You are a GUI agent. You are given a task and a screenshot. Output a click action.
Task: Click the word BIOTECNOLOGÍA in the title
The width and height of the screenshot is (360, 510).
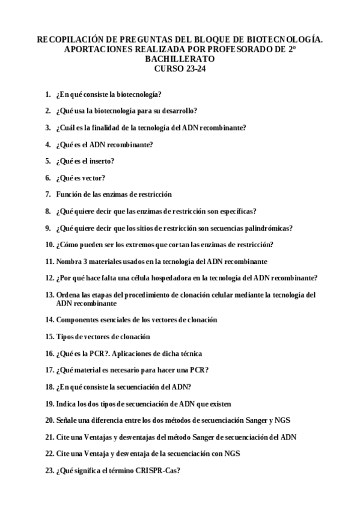coord(285,39)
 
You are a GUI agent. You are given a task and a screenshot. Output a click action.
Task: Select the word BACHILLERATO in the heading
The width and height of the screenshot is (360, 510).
coord(180,60)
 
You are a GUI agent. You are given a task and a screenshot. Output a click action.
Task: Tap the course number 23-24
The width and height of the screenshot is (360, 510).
coord(193,69)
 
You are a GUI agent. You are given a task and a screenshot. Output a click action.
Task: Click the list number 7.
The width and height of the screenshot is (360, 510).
coord(48,194)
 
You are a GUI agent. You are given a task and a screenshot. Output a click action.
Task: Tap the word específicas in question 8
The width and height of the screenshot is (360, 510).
coord(237,211)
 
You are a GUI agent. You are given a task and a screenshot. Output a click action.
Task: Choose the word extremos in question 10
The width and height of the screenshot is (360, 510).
coord(129,244)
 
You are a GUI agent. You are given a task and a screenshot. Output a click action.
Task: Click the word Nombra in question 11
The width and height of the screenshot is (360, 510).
coord(70,261)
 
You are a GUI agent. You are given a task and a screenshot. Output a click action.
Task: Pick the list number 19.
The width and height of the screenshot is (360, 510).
coord(49,404)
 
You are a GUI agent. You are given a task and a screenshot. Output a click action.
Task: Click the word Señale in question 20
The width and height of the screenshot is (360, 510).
coord(67,420)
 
